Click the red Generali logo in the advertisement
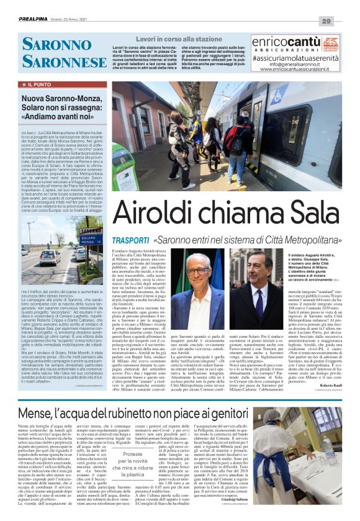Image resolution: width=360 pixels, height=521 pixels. click(x=331, y=43)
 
